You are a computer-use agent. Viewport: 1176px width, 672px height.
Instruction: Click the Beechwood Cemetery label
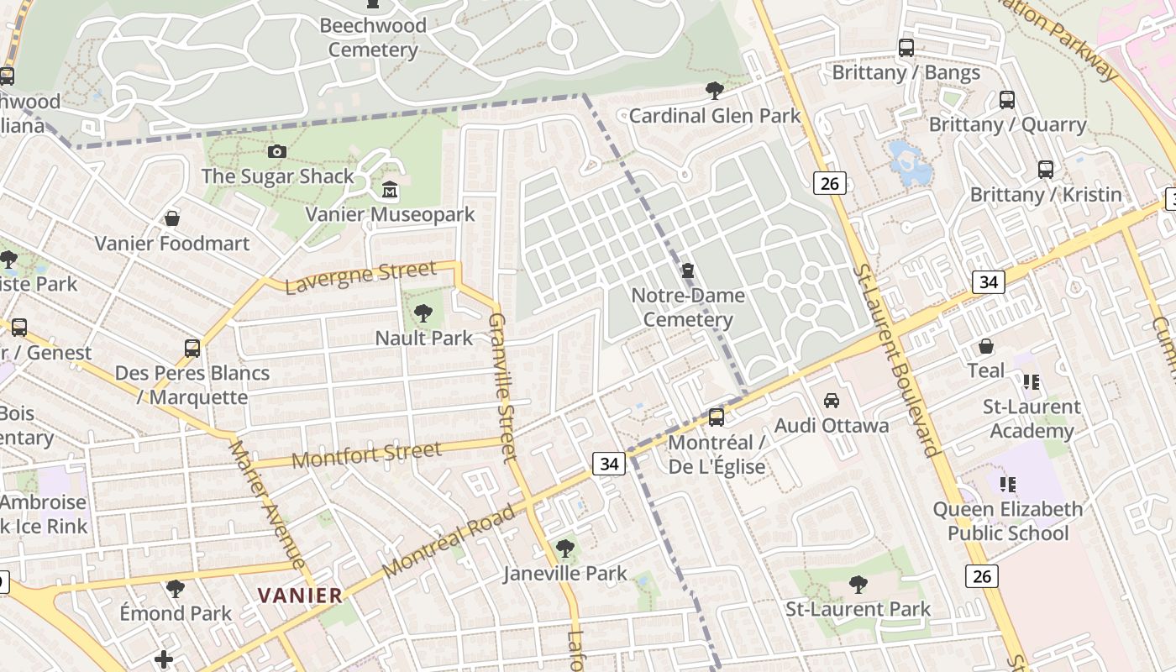(x=373, y=38)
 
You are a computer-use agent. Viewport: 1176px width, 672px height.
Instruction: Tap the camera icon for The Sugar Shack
(x=276, y=152)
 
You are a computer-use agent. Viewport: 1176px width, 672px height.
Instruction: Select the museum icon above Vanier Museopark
(x=390, y=190)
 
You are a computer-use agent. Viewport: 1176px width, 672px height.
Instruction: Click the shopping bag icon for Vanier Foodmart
(x=172, y=219)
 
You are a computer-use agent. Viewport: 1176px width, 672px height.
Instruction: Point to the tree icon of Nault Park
(x=423, y=314)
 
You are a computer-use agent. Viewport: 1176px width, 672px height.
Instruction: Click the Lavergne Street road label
(x=361, y=277)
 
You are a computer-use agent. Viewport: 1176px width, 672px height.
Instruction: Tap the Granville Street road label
(x=502, y=387)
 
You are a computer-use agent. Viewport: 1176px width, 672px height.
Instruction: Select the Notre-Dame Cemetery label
(x=688, y=307)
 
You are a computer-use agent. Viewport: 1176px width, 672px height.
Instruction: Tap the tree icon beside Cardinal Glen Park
(x=715, y=90)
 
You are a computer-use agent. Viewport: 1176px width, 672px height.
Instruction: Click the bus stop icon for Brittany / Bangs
(x=906, y=48)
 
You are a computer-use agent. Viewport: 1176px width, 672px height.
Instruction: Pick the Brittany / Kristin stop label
(x=1046, y=194)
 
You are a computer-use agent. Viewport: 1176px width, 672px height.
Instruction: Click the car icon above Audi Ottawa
(x=832, y=401)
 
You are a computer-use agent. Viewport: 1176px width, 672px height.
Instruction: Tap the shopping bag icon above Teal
(x=986, y=346)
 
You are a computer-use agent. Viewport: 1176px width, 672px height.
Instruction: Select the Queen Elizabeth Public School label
(x=1008, y=521)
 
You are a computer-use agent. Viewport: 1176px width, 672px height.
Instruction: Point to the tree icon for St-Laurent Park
(x=858, y=585)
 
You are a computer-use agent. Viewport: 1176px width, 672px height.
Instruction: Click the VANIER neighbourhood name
(x=300, y=596)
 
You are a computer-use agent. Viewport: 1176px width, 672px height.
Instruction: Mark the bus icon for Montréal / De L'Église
(x=717, y=417)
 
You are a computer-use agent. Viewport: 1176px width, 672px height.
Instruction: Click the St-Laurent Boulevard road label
(x=895, y=360)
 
